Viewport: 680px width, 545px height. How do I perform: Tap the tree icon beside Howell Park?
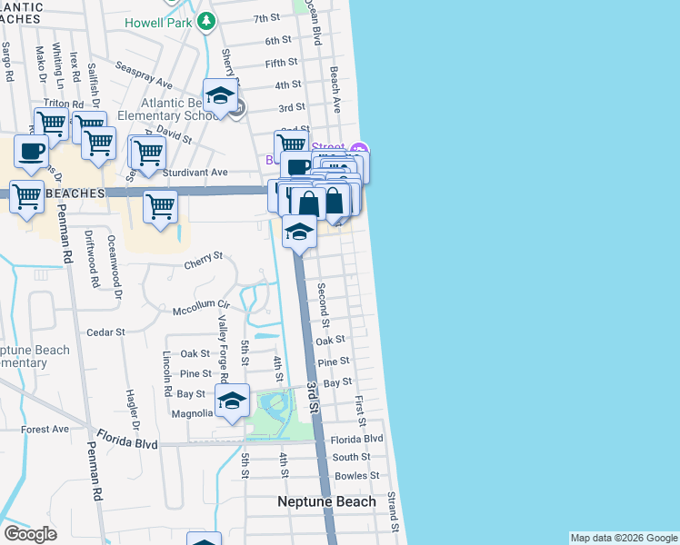point(208,19)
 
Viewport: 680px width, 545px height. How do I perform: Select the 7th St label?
point(266,18)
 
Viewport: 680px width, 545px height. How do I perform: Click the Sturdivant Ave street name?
point(195,172)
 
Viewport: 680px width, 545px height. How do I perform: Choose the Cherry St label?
point(204,258)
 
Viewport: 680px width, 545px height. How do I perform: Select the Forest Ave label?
point(45,429)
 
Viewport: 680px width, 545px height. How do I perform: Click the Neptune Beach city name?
point(326,501)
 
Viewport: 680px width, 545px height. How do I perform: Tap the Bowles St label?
point(355,476)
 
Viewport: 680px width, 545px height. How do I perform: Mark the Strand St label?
point(393,512)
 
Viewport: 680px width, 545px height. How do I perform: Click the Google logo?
point(30,534)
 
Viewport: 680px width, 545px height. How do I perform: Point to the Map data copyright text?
point(623,538)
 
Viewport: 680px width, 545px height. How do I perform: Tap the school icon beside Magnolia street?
point(232,401)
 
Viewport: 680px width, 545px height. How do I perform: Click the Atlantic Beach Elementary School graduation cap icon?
point(219,96)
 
